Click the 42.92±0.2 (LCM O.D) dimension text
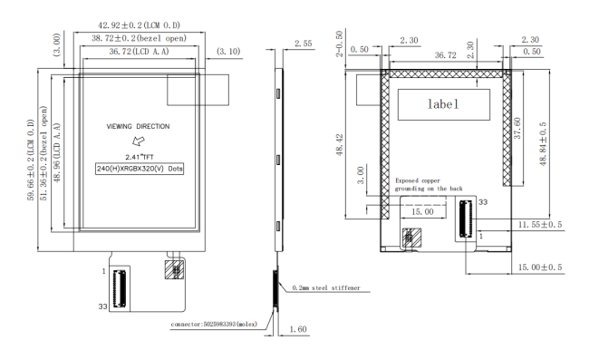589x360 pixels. pos(139,25)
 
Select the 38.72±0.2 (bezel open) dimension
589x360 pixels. pos(139,38)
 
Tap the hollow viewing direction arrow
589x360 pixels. pos(139,141)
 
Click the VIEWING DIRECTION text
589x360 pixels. pos(138,126)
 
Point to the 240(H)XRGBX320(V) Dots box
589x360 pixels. pos(140,169)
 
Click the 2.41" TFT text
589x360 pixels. pos(140,157)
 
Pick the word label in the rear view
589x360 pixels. pos(443,104)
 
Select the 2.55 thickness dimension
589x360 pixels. pos(304,44)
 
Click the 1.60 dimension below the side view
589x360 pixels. pos(298,329)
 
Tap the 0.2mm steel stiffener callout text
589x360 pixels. pos(326,287)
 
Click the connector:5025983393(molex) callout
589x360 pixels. pos(214,324)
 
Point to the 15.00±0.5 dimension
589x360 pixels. pos(540,268)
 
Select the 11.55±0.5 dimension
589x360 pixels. pos(540,225)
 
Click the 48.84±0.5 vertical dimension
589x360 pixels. pos(543,144)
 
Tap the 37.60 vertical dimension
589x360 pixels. pos(517,128)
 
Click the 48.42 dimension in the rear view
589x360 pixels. pos(340,145)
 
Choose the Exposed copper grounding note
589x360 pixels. pos(429,184)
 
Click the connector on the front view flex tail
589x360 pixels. pos(120,288)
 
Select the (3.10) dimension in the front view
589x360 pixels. pos(228,51)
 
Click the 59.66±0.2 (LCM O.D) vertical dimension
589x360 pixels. pos(31,161)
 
